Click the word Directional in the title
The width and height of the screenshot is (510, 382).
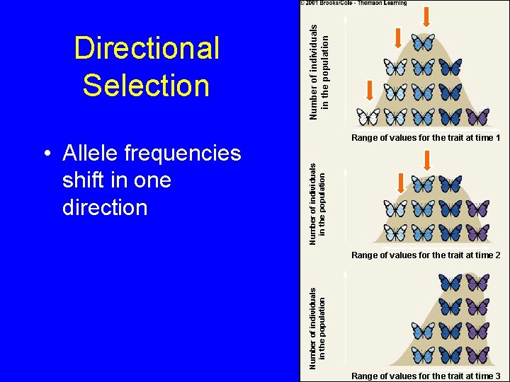pos(147,49)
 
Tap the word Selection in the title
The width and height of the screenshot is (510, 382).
pos(146,85)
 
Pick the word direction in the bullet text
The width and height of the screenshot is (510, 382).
pos(105,207)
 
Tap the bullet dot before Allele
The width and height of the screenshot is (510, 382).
pos(45,154)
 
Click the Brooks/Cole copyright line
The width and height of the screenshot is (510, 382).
pos(354,3)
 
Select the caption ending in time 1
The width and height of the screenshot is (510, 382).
pos(426,138)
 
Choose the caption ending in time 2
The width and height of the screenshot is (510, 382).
pos(426,255)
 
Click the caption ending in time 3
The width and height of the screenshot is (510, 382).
pos(426,376)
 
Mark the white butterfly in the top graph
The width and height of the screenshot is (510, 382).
pos(368,116)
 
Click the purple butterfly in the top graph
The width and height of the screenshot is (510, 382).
pos(477,116)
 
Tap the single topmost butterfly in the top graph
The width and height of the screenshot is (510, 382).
pos(423,42)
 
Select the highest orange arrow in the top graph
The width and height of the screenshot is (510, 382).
pos(427,16)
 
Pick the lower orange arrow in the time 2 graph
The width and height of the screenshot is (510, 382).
pos(399,183)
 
